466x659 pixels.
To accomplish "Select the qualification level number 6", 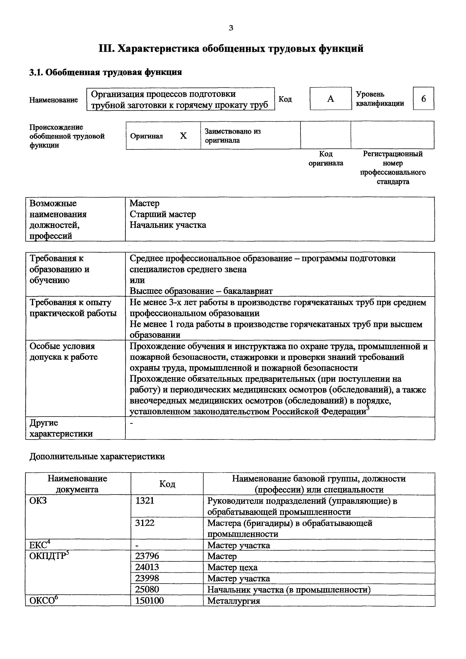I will [x=424, y=99].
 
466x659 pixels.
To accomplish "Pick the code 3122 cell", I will [x=145, y=523].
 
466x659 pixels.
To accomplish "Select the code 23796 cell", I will [x=147, y=556].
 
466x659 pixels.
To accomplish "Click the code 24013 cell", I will [x=147, y=567].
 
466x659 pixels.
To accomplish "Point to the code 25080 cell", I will [x=147, y=589].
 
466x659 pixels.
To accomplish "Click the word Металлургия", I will [x=233, y=601].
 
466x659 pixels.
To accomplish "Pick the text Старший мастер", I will [x=163, y=214].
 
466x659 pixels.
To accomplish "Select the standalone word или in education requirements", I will [x=137, y=280].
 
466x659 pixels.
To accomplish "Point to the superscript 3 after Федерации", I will [x=368, y=408].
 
